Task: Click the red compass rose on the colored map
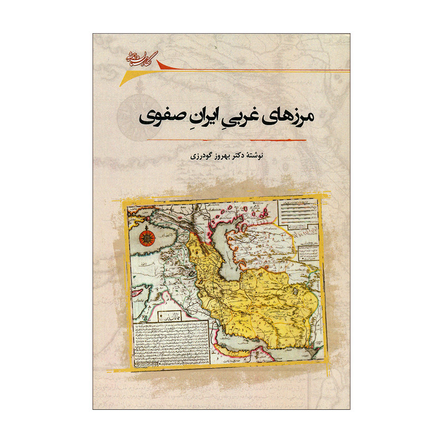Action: pyautogui.click(x=148, y=238)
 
